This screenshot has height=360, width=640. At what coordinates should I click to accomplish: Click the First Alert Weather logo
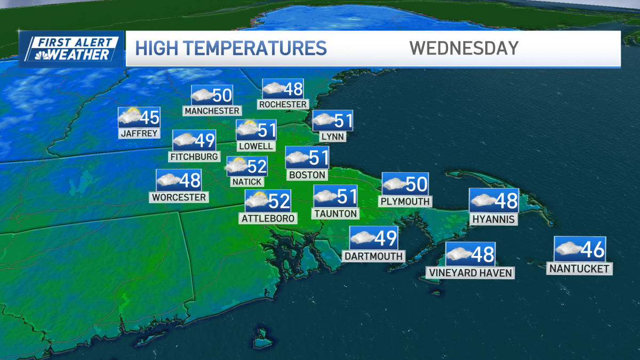pyautogui.click(x=71, y=49)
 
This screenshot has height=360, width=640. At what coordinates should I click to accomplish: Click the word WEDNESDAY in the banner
pyautogui.click(x=463, y=48)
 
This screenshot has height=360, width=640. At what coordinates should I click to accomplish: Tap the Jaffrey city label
pyautogui.click(x=139, y=133)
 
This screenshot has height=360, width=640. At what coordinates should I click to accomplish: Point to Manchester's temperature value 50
pyautogui.click(x=222, y=95)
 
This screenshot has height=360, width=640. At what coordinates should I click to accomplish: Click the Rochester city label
pyautogui.click(x=283, y=105)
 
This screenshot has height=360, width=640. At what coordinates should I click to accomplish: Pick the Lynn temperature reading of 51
pyautogui.click(x=342, y=121)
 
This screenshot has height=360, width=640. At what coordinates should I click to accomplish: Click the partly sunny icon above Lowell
pyautogui.click(x=247, y=129)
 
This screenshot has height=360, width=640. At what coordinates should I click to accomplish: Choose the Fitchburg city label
pyautogui.click(x=194, y=157)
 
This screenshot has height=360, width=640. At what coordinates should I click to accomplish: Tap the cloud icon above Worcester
pyautogui.click(x=167, y=180)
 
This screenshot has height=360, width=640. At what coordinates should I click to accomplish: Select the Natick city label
pyautogui.click(x=247, y=182)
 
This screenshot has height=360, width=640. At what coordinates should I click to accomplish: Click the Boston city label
pyautogui.click(x=307, y=174)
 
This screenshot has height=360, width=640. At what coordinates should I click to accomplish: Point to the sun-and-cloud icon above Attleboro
pyautogui.click(x=256, y=201)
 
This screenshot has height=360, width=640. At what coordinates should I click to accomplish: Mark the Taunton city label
pyautogui.click(x=335, y=213)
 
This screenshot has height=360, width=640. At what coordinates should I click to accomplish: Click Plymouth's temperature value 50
pyautogui.click(x=417, y=184)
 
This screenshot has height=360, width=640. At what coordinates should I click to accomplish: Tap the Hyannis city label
pyautogui.click(x=493, y=219)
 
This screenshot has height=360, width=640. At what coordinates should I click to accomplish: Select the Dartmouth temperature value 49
pyautogui.click(x=386, y=238)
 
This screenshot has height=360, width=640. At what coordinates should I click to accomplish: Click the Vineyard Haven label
pyautogui.click(x=470, y=273)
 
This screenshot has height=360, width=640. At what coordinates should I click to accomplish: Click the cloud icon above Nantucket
pyautogui.click(x=566, y=248)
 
